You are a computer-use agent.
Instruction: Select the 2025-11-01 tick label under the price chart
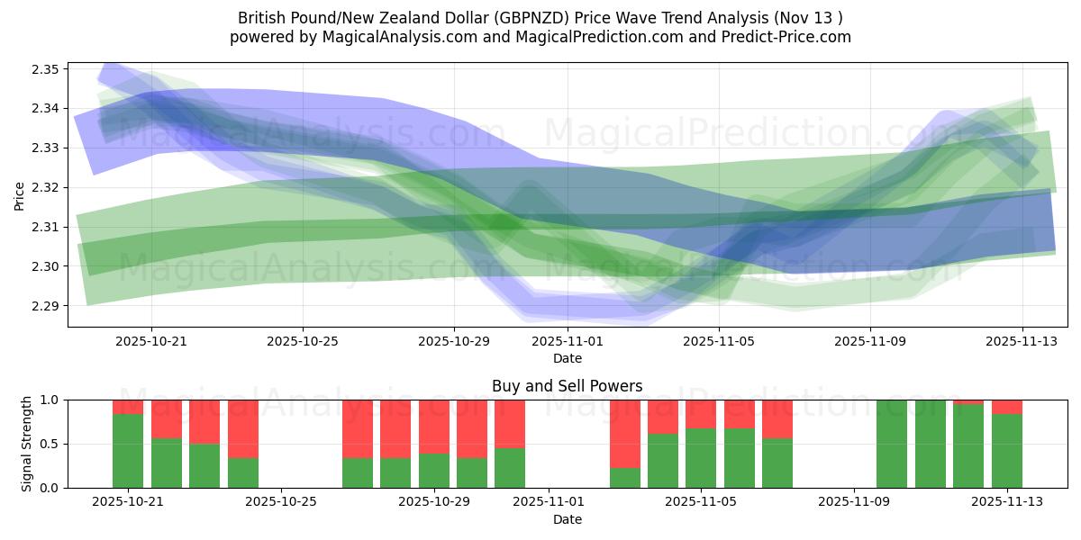coord(568,341)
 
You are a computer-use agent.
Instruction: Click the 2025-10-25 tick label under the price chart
coord(303,341)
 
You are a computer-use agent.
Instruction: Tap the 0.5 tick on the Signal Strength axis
coord(49,444)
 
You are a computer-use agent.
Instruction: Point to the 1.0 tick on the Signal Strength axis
coord(49,400)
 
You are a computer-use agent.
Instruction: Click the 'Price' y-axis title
coord(20,194)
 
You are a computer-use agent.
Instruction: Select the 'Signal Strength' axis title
coord(27,444)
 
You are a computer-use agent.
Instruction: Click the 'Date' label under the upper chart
coord(568,358)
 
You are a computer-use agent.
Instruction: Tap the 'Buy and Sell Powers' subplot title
coord(568,386)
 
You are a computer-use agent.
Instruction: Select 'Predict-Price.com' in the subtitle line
coord(789,37)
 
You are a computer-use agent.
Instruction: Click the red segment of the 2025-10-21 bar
coord(128,407)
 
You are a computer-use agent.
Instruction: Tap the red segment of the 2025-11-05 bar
coord(701,414)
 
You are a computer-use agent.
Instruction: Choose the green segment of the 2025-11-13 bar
coord(1007,450)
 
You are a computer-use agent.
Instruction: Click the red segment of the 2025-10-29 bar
coord(434,427)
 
